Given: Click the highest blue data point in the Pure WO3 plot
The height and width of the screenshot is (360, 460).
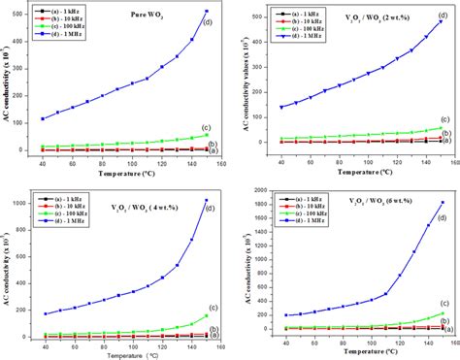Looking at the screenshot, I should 206,12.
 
